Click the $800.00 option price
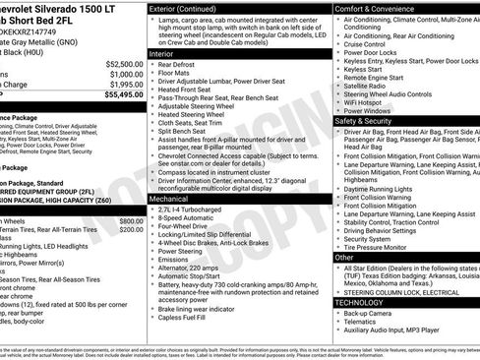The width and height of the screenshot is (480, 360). point(131,222)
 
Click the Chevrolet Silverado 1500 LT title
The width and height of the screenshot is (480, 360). point(69,8)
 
